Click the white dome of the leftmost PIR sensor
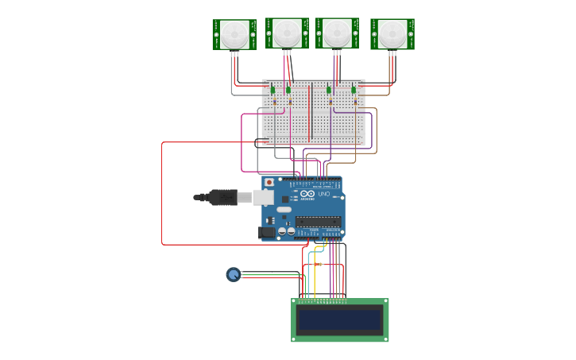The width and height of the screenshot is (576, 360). [234, 33]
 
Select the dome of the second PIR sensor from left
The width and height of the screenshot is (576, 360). [287, 33]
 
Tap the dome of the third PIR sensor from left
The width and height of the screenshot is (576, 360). [337, 33]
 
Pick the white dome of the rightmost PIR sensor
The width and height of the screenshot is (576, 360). [392, 33]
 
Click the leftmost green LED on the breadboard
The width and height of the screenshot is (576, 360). [273, 90]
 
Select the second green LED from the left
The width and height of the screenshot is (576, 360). [288, 90]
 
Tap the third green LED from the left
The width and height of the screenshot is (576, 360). [329, 90]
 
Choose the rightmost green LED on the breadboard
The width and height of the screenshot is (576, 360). [354, 90]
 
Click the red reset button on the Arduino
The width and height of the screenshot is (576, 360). [269, 182]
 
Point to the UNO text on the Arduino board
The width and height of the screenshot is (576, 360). [323, 194]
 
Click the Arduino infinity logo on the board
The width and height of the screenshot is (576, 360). [307, 193]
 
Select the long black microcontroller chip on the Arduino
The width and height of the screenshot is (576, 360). [318, 221]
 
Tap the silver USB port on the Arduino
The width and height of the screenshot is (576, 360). [263, 197]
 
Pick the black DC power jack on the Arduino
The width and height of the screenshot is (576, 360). [267, 232]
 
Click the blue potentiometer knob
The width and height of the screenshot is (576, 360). [234, 274]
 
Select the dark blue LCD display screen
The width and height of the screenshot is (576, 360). [340, 320]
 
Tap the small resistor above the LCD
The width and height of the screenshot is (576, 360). [319, 264]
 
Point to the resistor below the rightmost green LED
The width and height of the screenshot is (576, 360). [355, 101]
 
